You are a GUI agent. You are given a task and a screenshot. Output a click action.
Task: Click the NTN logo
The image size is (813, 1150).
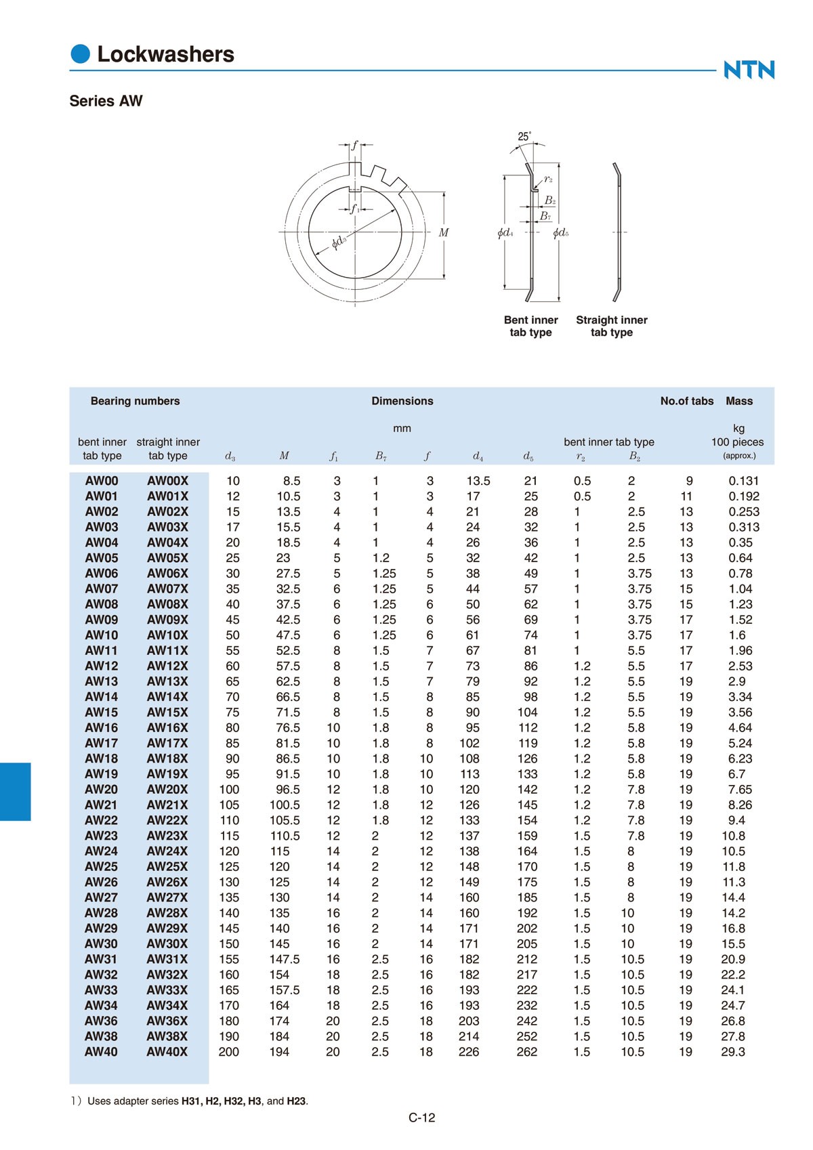point(749,70)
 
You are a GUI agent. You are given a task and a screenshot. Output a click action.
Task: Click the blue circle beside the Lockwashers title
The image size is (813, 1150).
point(81,54)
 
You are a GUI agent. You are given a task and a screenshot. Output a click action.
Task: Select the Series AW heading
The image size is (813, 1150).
point(106,101)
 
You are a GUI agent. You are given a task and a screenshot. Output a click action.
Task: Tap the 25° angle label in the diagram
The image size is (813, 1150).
point(524,137)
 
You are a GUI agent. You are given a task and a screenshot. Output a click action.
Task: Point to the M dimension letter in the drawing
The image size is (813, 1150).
point(444,232)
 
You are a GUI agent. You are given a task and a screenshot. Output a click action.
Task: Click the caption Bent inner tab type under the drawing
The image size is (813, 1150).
point(530,326)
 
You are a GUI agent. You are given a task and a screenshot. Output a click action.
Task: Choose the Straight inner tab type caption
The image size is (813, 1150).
point(611,326)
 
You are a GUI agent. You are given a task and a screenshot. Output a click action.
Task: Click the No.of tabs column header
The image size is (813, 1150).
point(686,401)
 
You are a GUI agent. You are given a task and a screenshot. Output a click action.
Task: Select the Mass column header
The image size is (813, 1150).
point(738,401)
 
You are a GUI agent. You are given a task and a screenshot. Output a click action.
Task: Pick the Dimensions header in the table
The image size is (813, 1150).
point(402,401)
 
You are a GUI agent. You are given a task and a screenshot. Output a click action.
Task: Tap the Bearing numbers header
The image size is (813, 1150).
point(135,401)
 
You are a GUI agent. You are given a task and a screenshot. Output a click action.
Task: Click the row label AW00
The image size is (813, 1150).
point(102,481)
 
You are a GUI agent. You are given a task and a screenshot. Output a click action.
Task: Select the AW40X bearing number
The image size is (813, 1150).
point(167,1052)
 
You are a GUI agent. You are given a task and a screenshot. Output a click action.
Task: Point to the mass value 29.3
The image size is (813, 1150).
point(732,1052)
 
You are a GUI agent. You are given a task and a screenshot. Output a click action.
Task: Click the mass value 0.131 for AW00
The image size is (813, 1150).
point(743,481)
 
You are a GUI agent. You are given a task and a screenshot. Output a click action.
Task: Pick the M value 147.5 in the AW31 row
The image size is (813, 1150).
point(284,959)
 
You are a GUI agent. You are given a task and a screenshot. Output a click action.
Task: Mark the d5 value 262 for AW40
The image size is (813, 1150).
point(526,1052)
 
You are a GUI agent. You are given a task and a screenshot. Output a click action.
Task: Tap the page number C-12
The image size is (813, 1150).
point(421,1117)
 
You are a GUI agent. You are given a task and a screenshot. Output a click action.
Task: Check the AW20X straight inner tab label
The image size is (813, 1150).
point(167,790)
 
